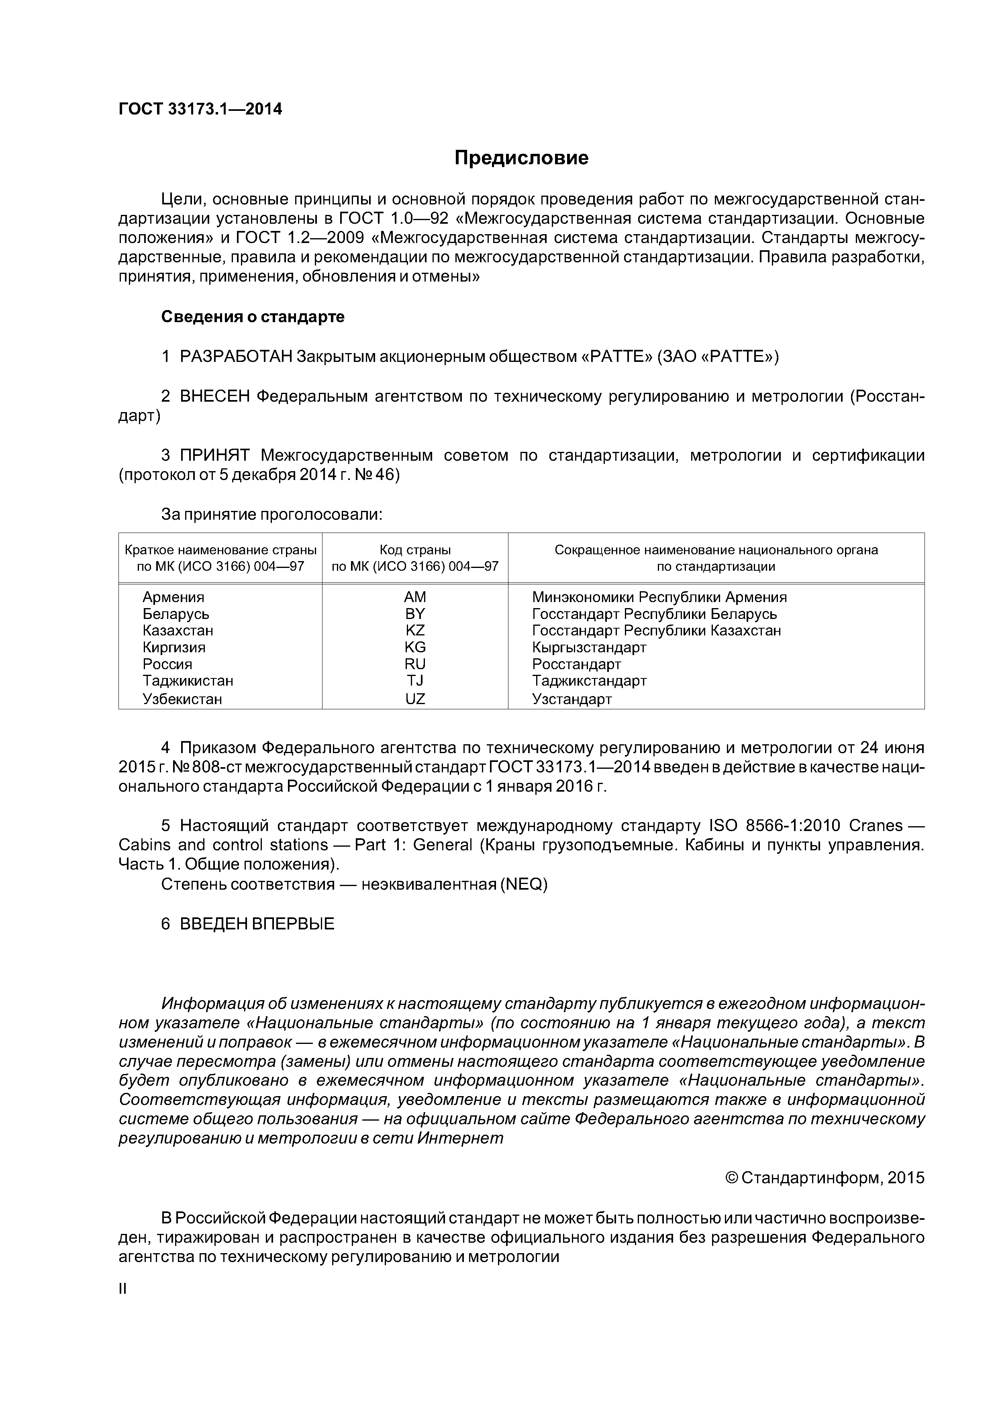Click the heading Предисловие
coord(521,158)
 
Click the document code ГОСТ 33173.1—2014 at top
coord(200,109)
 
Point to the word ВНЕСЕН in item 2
coord(215,396)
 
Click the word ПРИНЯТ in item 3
coord(215,455)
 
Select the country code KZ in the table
coord(415,630)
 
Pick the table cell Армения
coord(173,597)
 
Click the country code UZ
coord(415,699)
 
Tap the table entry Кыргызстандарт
coord(589,647)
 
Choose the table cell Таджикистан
coord(188,680)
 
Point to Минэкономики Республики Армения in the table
coord(659,597)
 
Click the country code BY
coord(415,614)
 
